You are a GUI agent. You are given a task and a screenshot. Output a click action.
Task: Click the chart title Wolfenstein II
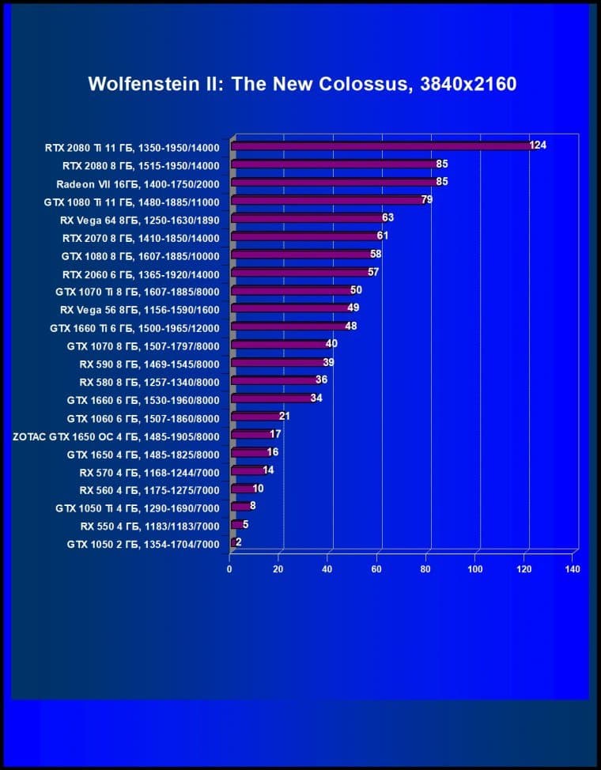click(x=302, y=84)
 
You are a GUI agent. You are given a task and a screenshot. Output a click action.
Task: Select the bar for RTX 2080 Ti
click(x=380, y=146)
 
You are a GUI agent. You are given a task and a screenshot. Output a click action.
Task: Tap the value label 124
click(x=538, y=145)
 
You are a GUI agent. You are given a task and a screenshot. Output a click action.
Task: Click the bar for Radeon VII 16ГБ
click(x=332, y=183)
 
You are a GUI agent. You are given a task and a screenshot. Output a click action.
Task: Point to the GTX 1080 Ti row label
click(x=131, y=202)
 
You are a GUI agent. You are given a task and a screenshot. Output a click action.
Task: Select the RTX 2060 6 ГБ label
click(x=141, y=274)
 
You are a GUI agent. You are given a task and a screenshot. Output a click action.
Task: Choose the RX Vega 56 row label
click(x=139, y=309)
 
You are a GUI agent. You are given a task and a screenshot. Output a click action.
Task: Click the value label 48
click(x=351, y=326)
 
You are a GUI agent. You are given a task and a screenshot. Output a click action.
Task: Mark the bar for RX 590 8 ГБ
click(x=277, y=364)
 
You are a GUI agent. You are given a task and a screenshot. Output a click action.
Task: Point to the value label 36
click(x=321, y=380)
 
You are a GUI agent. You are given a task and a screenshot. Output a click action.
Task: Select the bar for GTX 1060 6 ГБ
click(x=255, y=417)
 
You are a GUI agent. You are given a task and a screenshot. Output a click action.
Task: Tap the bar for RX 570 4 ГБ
click(x=246, y=471)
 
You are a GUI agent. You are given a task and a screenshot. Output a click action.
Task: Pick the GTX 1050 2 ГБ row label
click(x=143, y=544)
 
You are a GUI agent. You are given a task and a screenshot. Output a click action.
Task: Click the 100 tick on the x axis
click(x=475, y=569)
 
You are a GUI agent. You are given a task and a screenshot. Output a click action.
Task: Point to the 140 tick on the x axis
click(x=573, y=569)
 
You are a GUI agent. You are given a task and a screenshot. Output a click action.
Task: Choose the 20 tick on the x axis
click(x=278, y=569)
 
